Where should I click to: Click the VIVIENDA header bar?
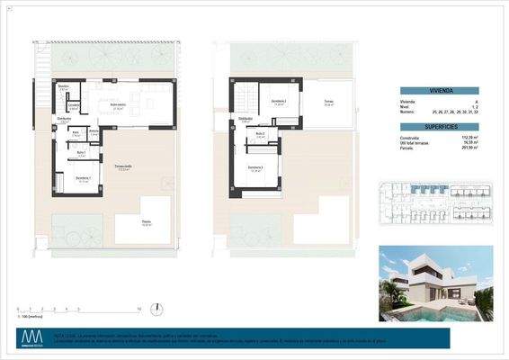pos(445,91)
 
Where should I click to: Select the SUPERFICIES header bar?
pos(445,127)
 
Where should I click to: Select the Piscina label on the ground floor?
pos(146,225)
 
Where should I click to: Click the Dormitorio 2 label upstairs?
pos(279,102)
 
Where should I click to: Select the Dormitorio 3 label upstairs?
pos(255,167)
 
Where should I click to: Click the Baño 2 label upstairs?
pos(259,135)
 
